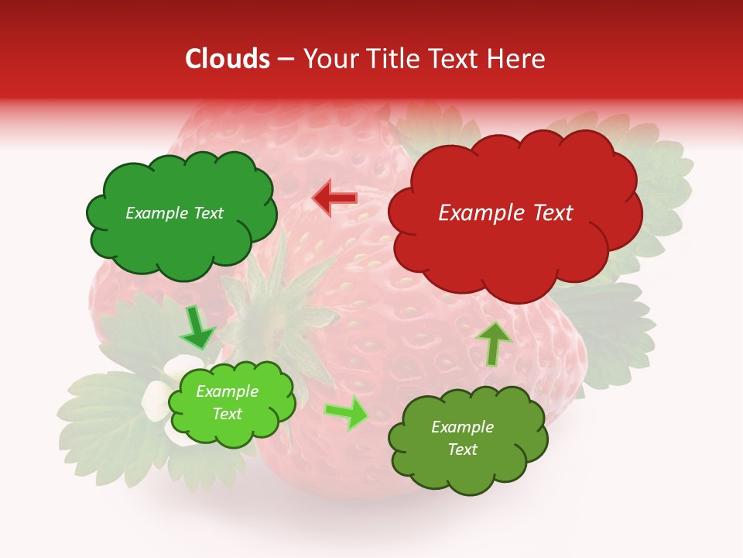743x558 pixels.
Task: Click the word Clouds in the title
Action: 228,59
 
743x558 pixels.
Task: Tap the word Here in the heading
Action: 517,59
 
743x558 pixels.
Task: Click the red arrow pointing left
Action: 334,198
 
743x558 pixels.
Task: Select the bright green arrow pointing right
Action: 347,413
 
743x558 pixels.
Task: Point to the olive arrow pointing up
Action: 493,343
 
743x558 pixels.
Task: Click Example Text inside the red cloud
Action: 505,213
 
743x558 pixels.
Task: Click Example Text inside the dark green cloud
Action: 174,213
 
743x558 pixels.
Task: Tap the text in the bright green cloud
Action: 227,403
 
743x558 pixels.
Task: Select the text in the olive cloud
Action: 462,438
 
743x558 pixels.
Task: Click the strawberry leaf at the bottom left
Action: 101,418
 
